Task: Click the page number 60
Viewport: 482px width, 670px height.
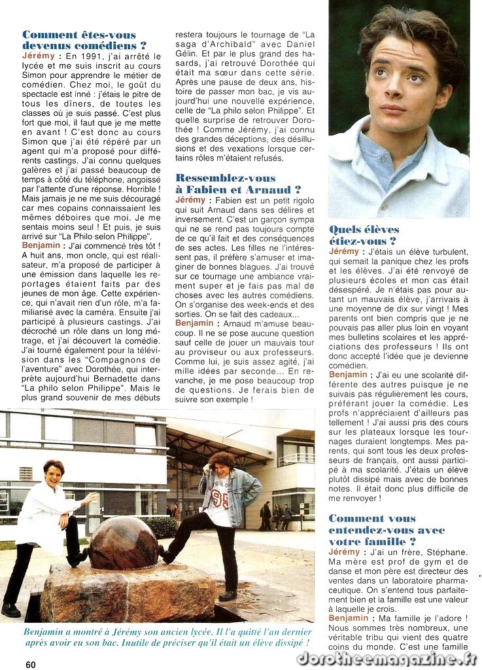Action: [31, 663]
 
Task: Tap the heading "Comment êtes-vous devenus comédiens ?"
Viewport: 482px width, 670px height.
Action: [84, 40]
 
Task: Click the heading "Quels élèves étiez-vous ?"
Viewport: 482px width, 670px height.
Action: [364, 235]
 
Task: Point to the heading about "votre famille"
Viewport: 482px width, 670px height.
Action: [387, 530]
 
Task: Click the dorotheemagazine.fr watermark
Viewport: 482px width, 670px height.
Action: [387, 658]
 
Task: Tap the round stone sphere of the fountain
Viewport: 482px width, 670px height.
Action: [122, 542]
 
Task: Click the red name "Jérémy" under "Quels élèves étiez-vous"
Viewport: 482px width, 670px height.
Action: [344, 251]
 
